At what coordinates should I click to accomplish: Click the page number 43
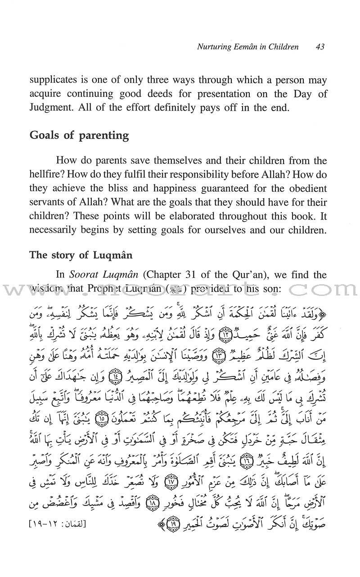[320, 47]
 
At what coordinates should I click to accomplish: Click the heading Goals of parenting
[79, 135]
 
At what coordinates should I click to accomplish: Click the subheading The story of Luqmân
[81, 255]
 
